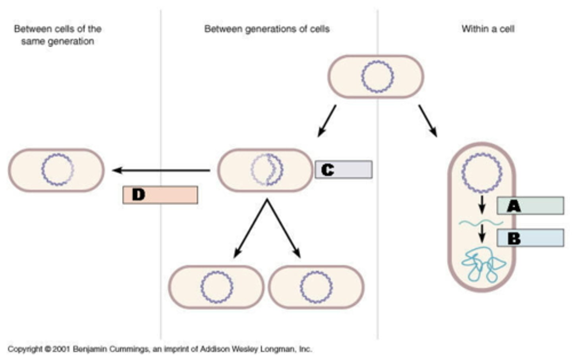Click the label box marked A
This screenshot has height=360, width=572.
(x=530, y=206)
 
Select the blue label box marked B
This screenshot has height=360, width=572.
(x=530, y=238)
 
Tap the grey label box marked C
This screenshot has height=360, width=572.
(x=344, y=169)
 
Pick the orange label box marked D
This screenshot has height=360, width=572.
(x=160, y=195)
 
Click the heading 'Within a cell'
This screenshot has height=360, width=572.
(x=488, y=29)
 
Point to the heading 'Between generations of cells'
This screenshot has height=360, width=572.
(x=267, y=29)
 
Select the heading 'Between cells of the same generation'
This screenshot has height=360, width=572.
(x=58, y=35)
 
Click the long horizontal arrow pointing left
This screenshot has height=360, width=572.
(x=161, y=171)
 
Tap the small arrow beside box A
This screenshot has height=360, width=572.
(x=482, y=204)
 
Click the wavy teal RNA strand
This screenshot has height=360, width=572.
(x=481, y=223)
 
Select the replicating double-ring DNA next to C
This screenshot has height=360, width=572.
(x=267, y=170)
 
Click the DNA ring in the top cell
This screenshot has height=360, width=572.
(x=377, y=77)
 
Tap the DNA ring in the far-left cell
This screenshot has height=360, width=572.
(x=58, y=170)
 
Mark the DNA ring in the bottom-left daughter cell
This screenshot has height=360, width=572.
(x=216, y=287)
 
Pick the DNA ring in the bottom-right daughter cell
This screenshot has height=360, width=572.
(x=316, y=287)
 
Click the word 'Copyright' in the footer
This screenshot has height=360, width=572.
(x=25, y=349)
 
